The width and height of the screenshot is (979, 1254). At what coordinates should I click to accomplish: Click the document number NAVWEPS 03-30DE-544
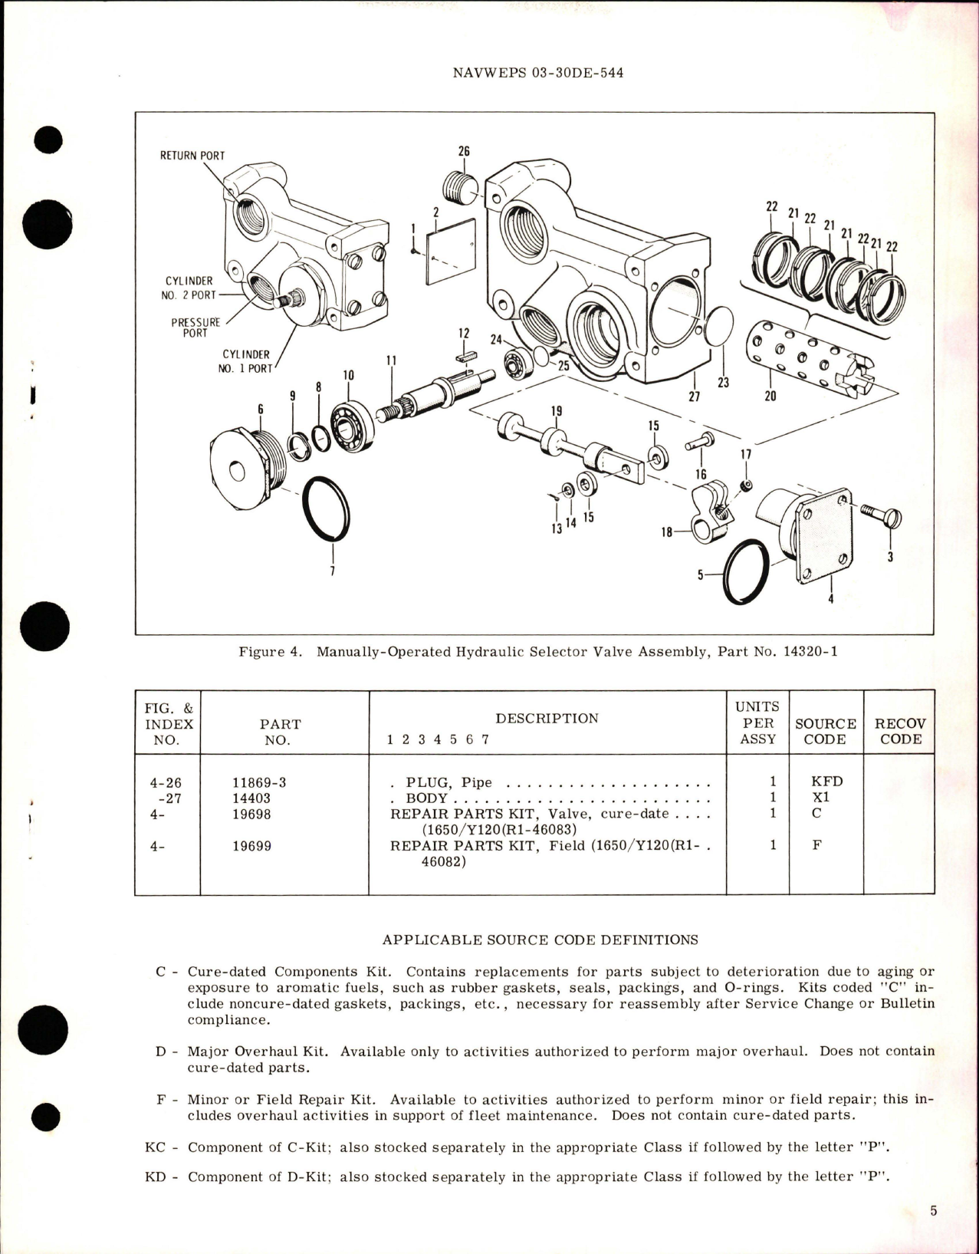[537, 74]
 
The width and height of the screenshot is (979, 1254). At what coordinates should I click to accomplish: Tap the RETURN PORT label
[192, 156]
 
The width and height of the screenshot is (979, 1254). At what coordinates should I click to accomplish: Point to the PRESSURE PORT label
[195, 327]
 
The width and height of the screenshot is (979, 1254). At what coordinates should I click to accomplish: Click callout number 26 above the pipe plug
[464, 152]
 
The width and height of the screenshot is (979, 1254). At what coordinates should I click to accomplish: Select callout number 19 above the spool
[557, 411]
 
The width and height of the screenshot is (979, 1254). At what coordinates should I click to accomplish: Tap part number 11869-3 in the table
[259, 782]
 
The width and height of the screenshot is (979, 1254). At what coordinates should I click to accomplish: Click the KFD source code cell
[826, 782]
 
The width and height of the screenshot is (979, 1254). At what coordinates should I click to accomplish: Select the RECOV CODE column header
[900, 732]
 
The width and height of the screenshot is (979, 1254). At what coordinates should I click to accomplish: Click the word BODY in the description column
[427, 798]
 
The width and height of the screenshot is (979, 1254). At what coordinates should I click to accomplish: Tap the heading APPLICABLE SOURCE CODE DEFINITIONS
[540, 940]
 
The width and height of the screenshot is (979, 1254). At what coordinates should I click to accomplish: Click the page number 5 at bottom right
[933, 1212]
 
